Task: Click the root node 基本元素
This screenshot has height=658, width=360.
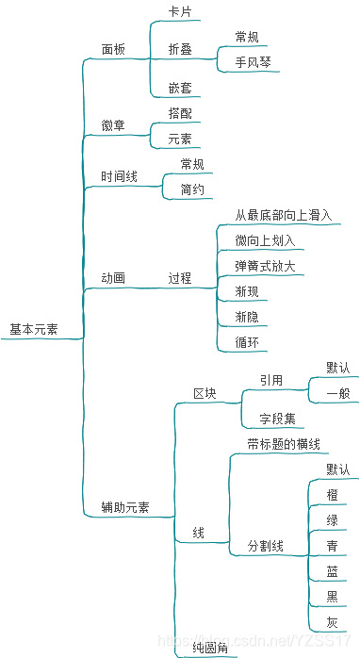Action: (33, 330)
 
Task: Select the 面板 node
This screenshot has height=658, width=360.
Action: (113, 49)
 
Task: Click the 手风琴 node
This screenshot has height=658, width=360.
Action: (254, 62)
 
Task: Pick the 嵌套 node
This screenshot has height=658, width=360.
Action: (180, 88)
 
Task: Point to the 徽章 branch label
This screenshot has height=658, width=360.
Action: (113, 125)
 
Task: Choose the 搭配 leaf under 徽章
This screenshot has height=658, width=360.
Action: (180, 113)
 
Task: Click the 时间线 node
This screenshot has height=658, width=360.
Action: (119, 176)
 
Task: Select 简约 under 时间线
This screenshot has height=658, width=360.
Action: (191, 189)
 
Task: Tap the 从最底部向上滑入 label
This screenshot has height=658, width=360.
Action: (283, 215)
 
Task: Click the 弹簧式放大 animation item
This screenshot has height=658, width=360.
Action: (265, 266)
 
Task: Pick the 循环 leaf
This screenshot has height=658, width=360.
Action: (247, 342)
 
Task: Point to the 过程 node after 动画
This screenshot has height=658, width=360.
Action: (180, 278)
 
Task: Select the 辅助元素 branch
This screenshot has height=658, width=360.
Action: (125, 507)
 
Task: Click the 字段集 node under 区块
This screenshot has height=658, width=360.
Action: (277, 418)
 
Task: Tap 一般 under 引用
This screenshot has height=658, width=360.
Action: (338, 392)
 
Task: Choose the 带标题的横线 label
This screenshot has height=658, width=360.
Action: (284, 444)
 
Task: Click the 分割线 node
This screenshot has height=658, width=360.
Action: (265, 546)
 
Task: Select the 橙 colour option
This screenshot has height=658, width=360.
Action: (333, 495)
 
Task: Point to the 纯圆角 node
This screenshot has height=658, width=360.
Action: (210, 648)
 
